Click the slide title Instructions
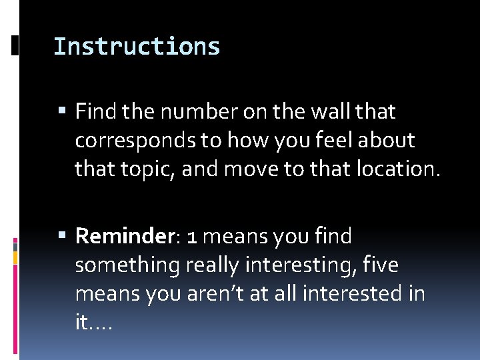click(137, 47)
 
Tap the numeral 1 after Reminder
click(191, 237)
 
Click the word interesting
click(299, 265)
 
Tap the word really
click(205, 265)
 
